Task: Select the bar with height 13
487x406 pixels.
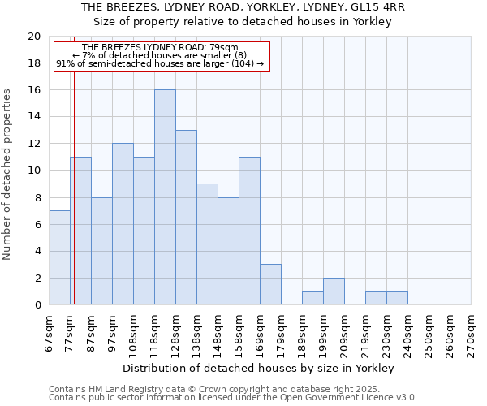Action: click(x=186, y=218)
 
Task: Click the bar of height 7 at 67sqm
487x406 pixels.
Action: click(x=59, y=257)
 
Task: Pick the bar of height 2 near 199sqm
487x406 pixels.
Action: click(x=334, y=292)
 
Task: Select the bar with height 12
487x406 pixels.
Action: click(x=123, y=224)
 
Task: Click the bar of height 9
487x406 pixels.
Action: click(x=207, y=244)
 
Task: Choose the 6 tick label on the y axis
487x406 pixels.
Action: click(x=37, y=224)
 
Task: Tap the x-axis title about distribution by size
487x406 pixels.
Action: click(x=259, y=369)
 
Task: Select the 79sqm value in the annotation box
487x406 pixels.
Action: click(x=222, y=48)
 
